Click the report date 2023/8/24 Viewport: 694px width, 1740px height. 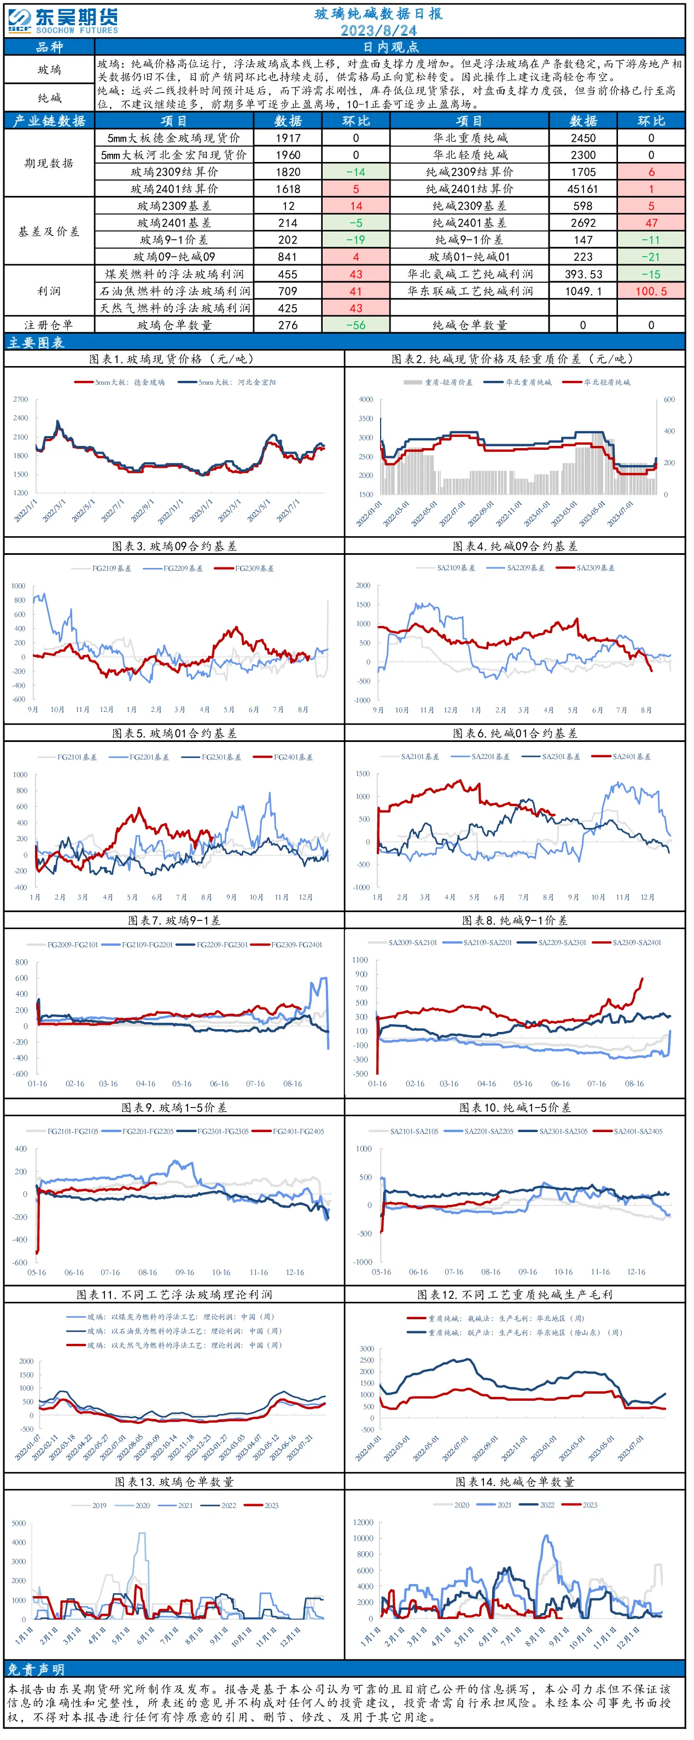[x=381, y=31]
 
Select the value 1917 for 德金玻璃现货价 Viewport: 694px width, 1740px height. [x=290, y=138]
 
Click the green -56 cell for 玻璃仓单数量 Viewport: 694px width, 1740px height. [x=358, y=326]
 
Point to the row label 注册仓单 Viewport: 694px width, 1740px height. [x=49, y=326]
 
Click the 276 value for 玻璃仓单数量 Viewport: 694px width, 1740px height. [x=290, y=326]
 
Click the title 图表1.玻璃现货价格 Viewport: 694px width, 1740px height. [x=173, y=361]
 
